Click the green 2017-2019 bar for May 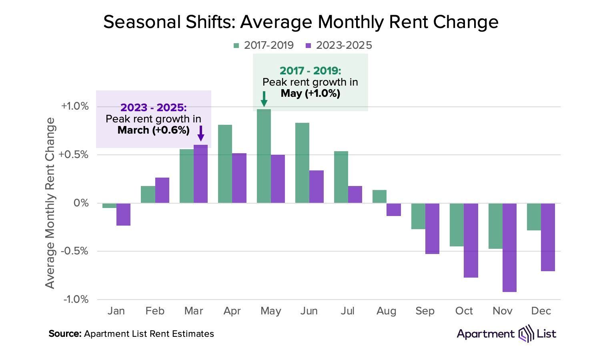(x=264, y=156)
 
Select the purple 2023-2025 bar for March (x=200, y=174)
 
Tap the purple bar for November (x=509, y=247)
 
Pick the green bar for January (x=109, y=206)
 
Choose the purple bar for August (x=393, y=210)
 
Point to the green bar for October (x=457, y=224)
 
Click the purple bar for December (x=548, y=237)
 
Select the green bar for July (x=341, y=177)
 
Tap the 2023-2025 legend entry (x=339, y=45)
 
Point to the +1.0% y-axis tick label (x=75, y=106)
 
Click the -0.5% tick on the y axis (x=75, y=251)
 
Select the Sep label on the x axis (x=425, y=311)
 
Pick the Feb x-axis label (x=155, y=311)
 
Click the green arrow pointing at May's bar (x=264, y=99)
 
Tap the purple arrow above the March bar (x=201, y=133)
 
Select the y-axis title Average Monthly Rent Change (x=50, y=203)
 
